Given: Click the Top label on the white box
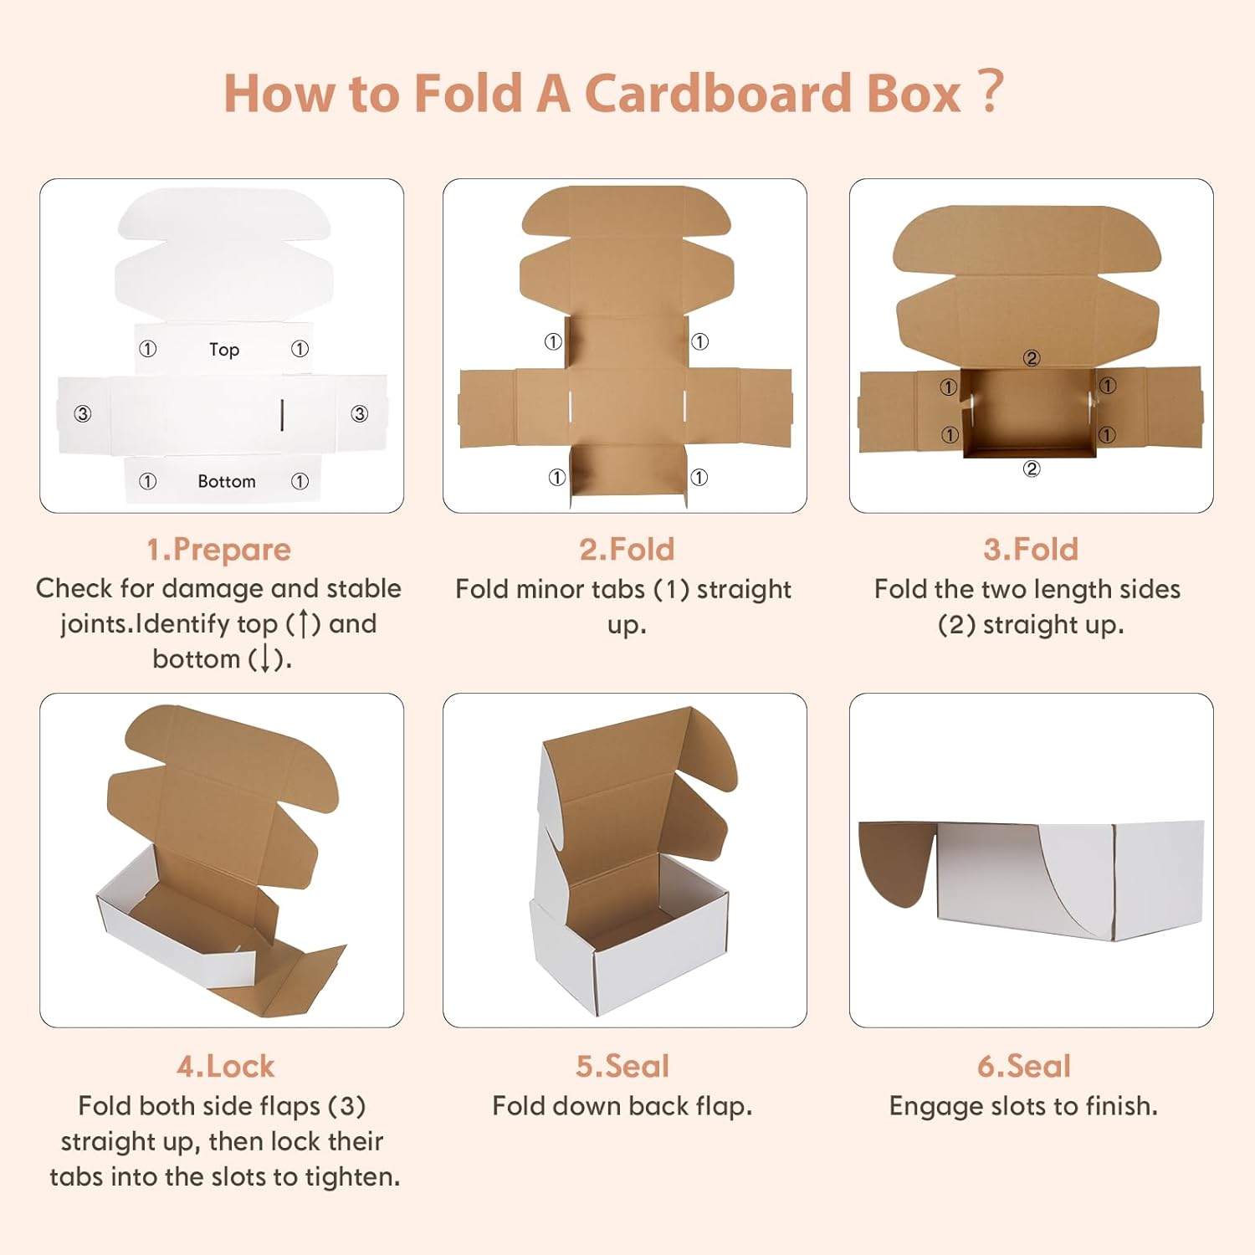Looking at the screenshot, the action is (x=224, y=350).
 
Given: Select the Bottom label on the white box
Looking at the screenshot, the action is (x=227, y=481).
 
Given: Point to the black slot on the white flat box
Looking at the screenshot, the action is (x=283, y=415).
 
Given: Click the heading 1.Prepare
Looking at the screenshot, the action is (x=218, y=550).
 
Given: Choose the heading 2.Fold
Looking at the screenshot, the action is (x=627, y=550).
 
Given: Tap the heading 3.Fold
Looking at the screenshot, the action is (x=1031, y=550).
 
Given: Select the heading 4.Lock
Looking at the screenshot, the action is (x=225, y=1067).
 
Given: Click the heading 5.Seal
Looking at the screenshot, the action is (x=622, y=1067).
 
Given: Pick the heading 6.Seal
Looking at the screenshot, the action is (x=1024, y=1067).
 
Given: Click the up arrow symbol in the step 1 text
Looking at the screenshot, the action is (x=303, y=624).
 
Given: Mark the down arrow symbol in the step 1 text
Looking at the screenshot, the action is (x=265, y=659).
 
